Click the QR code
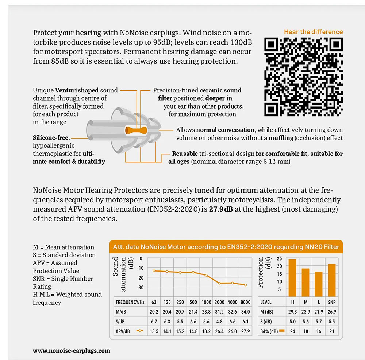coord(304,76)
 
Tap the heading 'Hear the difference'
coord(314,32)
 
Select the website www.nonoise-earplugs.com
coord(72,350)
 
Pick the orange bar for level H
coord(292,277)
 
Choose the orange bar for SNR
coord(331,280)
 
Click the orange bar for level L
coord(319,284)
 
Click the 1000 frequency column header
coord(206,303)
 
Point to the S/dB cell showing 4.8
coord(219,322)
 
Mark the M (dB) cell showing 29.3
coord(292,312)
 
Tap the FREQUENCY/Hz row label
coord(130,303)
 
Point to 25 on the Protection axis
coord(280,258)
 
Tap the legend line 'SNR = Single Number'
coord(63,279)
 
